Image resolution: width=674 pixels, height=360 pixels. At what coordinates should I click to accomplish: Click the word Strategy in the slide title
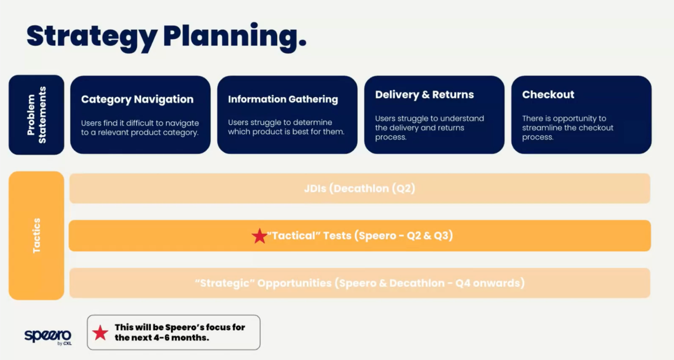click(x=92, y=37)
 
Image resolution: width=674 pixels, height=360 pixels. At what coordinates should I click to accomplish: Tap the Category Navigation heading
click(x=137, y=99)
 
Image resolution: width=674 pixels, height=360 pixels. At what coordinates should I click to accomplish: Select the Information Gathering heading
click(x=283, y=99)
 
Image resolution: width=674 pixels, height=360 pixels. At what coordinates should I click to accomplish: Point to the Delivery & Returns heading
click(x=424, y=94)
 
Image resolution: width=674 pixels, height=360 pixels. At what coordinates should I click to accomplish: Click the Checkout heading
click(x=548, y=94)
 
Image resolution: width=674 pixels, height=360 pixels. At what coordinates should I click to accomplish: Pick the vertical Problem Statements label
click(x=36, y=115)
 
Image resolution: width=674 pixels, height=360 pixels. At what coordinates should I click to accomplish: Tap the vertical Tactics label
click(x=36, y=236)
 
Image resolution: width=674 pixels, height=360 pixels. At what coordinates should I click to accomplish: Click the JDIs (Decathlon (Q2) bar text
click(x=359, y=188)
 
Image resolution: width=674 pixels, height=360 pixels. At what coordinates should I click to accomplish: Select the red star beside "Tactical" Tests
click(x=259, y=236)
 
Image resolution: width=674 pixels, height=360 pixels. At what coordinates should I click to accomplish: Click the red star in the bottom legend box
click(x=100, y=333)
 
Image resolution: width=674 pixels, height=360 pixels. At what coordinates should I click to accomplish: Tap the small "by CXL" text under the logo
click(x=64, y=343)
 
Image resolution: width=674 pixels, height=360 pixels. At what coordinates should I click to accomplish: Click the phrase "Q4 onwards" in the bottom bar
click(x=490, y=283)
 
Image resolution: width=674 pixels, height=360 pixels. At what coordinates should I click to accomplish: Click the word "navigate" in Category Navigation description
click(x=182, y=123)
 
